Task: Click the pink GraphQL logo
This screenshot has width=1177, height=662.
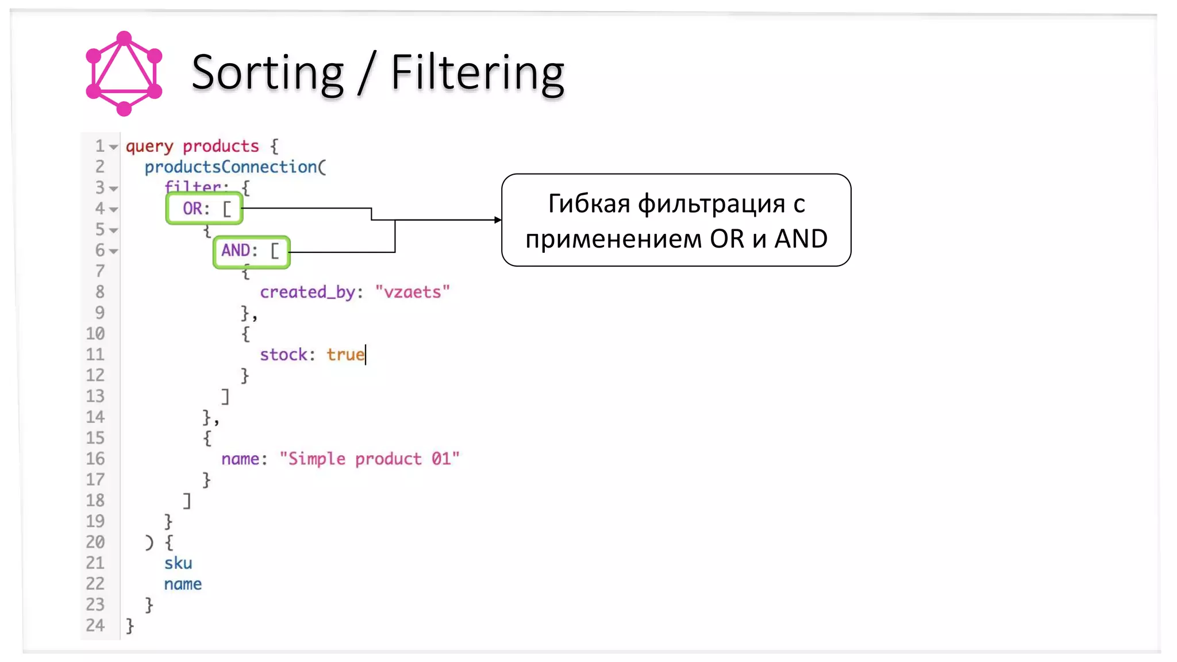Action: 124,74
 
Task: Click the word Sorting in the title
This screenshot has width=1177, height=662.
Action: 267,73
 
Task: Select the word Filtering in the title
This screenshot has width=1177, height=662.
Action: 478,73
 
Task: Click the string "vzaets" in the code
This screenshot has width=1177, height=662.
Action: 412,292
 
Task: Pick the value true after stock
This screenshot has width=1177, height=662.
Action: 345,355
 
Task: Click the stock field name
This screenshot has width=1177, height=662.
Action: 283,355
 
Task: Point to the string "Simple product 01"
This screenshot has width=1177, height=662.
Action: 369,459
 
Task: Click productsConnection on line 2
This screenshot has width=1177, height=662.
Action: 230,167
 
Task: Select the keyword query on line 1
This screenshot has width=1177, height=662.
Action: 149,147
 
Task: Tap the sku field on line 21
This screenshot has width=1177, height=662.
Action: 178,563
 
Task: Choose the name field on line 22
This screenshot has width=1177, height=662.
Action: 183,584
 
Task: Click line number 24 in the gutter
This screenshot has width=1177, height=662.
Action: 95,625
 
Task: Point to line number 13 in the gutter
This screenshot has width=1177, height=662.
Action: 95,396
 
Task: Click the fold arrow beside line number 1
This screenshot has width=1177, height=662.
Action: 114,147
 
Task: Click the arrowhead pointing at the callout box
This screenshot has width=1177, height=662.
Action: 498,220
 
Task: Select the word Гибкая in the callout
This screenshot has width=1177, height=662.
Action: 589,203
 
